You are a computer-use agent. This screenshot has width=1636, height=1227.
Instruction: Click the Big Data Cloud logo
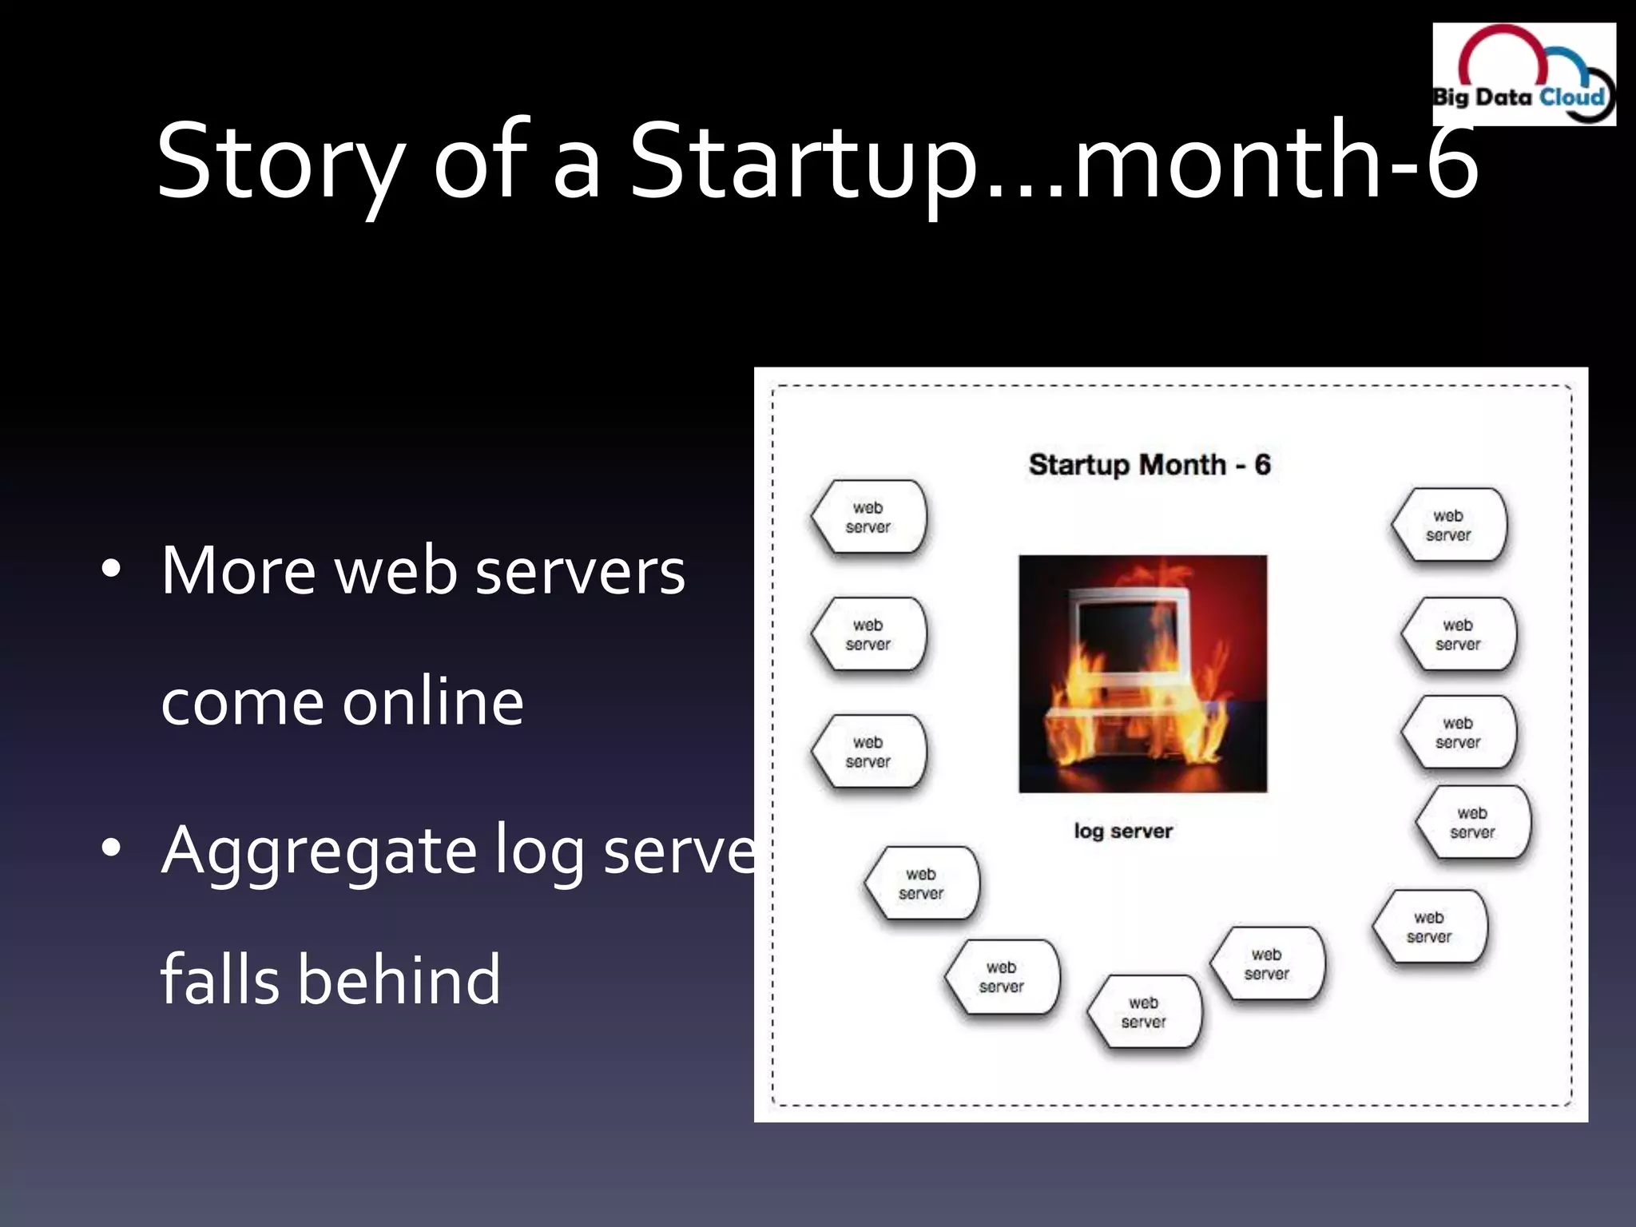coord(1523,74)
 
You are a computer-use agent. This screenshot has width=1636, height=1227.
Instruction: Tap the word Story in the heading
coord(280,161)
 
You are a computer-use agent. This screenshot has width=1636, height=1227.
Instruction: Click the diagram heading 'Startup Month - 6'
coord(1149,465)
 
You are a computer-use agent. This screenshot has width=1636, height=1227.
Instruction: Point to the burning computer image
coord(1142,673)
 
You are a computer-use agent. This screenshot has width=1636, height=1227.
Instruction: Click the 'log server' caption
coord(1122,831)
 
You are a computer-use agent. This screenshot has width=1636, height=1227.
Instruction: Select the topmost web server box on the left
coord(868,518)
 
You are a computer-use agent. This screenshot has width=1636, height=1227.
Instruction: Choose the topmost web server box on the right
coord(1448,526)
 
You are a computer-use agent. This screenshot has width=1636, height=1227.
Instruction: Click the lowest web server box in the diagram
coord(1144,1012)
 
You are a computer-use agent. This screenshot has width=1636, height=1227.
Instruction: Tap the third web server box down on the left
coord(868,752)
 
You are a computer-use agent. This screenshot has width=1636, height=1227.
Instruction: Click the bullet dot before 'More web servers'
coord(111,570)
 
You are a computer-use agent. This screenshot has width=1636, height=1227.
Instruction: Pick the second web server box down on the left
coord(868,635)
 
